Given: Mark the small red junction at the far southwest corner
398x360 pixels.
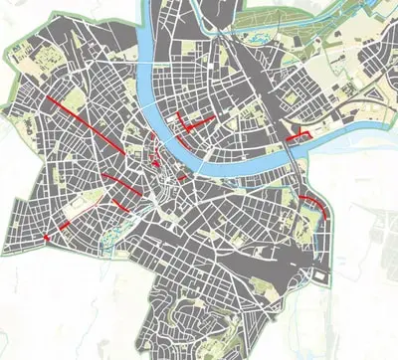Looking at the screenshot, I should click(46, 239).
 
